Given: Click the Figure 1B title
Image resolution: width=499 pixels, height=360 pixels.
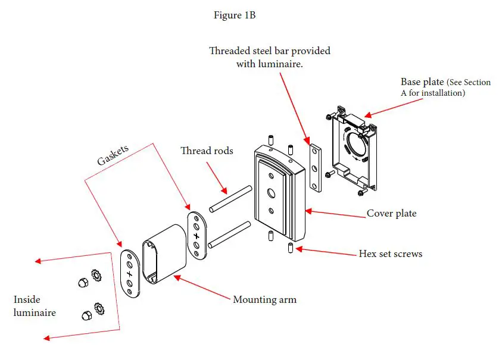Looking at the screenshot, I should click(235, 15).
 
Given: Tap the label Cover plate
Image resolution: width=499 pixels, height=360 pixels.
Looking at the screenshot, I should click(391, 213).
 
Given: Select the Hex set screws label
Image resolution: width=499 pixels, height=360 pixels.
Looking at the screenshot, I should click(390, 253).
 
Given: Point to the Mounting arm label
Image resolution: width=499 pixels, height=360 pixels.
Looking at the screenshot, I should click(264, 299).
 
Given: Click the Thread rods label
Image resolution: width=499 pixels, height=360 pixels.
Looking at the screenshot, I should click(207, 151).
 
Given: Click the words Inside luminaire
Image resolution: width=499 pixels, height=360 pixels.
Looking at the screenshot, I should click(35, 306).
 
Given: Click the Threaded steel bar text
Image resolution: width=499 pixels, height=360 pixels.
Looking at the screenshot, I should click(269, 51).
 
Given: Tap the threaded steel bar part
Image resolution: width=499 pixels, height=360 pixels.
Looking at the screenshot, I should click(315, 166).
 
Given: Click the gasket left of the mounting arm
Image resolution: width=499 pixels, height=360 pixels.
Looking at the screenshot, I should click(129, 274).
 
